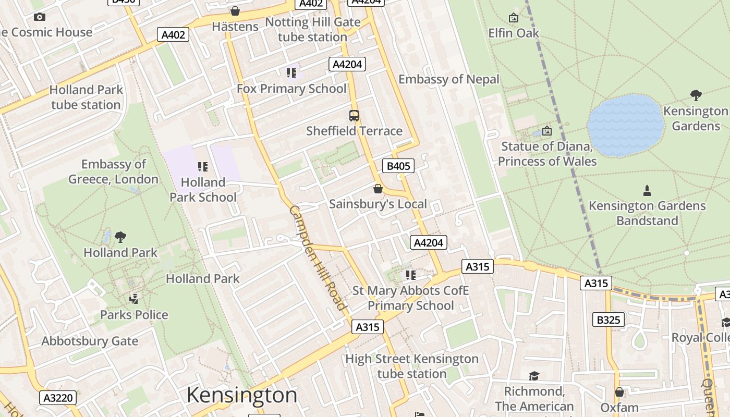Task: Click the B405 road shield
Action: [398, 166]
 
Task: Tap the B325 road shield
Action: [608, 319]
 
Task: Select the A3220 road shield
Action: [58, 398]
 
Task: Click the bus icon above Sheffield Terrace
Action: [354, 116]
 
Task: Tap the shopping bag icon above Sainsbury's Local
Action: [378, 189]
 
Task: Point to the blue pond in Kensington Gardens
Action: [625, 125]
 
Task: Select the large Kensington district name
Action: [242, 395]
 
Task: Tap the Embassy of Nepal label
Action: [448, 79]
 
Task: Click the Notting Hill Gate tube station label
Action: [313, 30]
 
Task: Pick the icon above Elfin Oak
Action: [514, 18]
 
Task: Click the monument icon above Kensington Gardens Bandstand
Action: [647, 191]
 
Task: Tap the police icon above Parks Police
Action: [134, 299]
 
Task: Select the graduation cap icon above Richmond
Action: [534, 376]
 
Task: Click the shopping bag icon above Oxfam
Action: [619, 392]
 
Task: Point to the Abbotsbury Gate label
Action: [90, 341]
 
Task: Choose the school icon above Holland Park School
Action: [203, 167]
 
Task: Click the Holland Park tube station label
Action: [86, 97]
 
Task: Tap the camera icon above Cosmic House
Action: [40, 17]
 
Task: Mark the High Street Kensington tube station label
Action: [412, 366]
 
